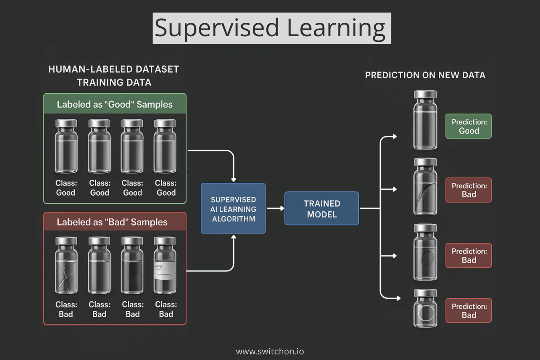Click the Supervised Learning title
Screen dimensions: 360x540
(271, 28)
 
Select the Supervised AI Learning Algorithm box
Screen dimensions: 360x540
(233, 209)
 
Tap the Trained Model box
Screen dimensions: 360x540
(321, 209)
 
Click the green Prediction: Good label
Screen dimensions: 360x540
(468, 126)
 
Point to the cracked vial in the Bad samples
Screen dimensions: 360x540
(66, 266)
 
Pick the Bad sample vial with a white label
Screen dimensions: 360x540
(165, 266)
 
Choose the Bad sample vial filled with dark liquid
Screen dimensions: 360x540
(132, 266)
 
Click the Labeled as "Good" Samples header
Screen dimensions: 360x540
(115, 104)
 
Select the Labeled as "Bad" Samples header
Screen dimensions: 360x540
(112, 222)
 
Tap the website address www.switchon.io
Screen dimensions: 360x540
(270, 352)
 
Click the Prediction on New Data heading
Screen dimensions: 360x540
(425, 75)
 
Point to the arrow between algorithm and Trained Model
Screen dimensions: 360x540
(275, 208)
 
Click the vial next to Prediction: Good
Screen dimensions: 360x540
(425, 120)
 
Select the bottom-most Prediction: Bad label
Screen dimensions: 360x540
(468, 311)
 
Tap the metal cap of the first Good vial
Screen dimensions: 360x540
(66, 123)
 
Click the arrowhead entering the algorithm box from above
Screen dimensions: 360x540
(233, 180)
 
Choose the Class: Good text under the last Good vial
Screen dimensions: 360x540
(166, 188)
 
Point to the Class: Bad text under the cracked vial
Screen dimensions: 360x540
(66, 309)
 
